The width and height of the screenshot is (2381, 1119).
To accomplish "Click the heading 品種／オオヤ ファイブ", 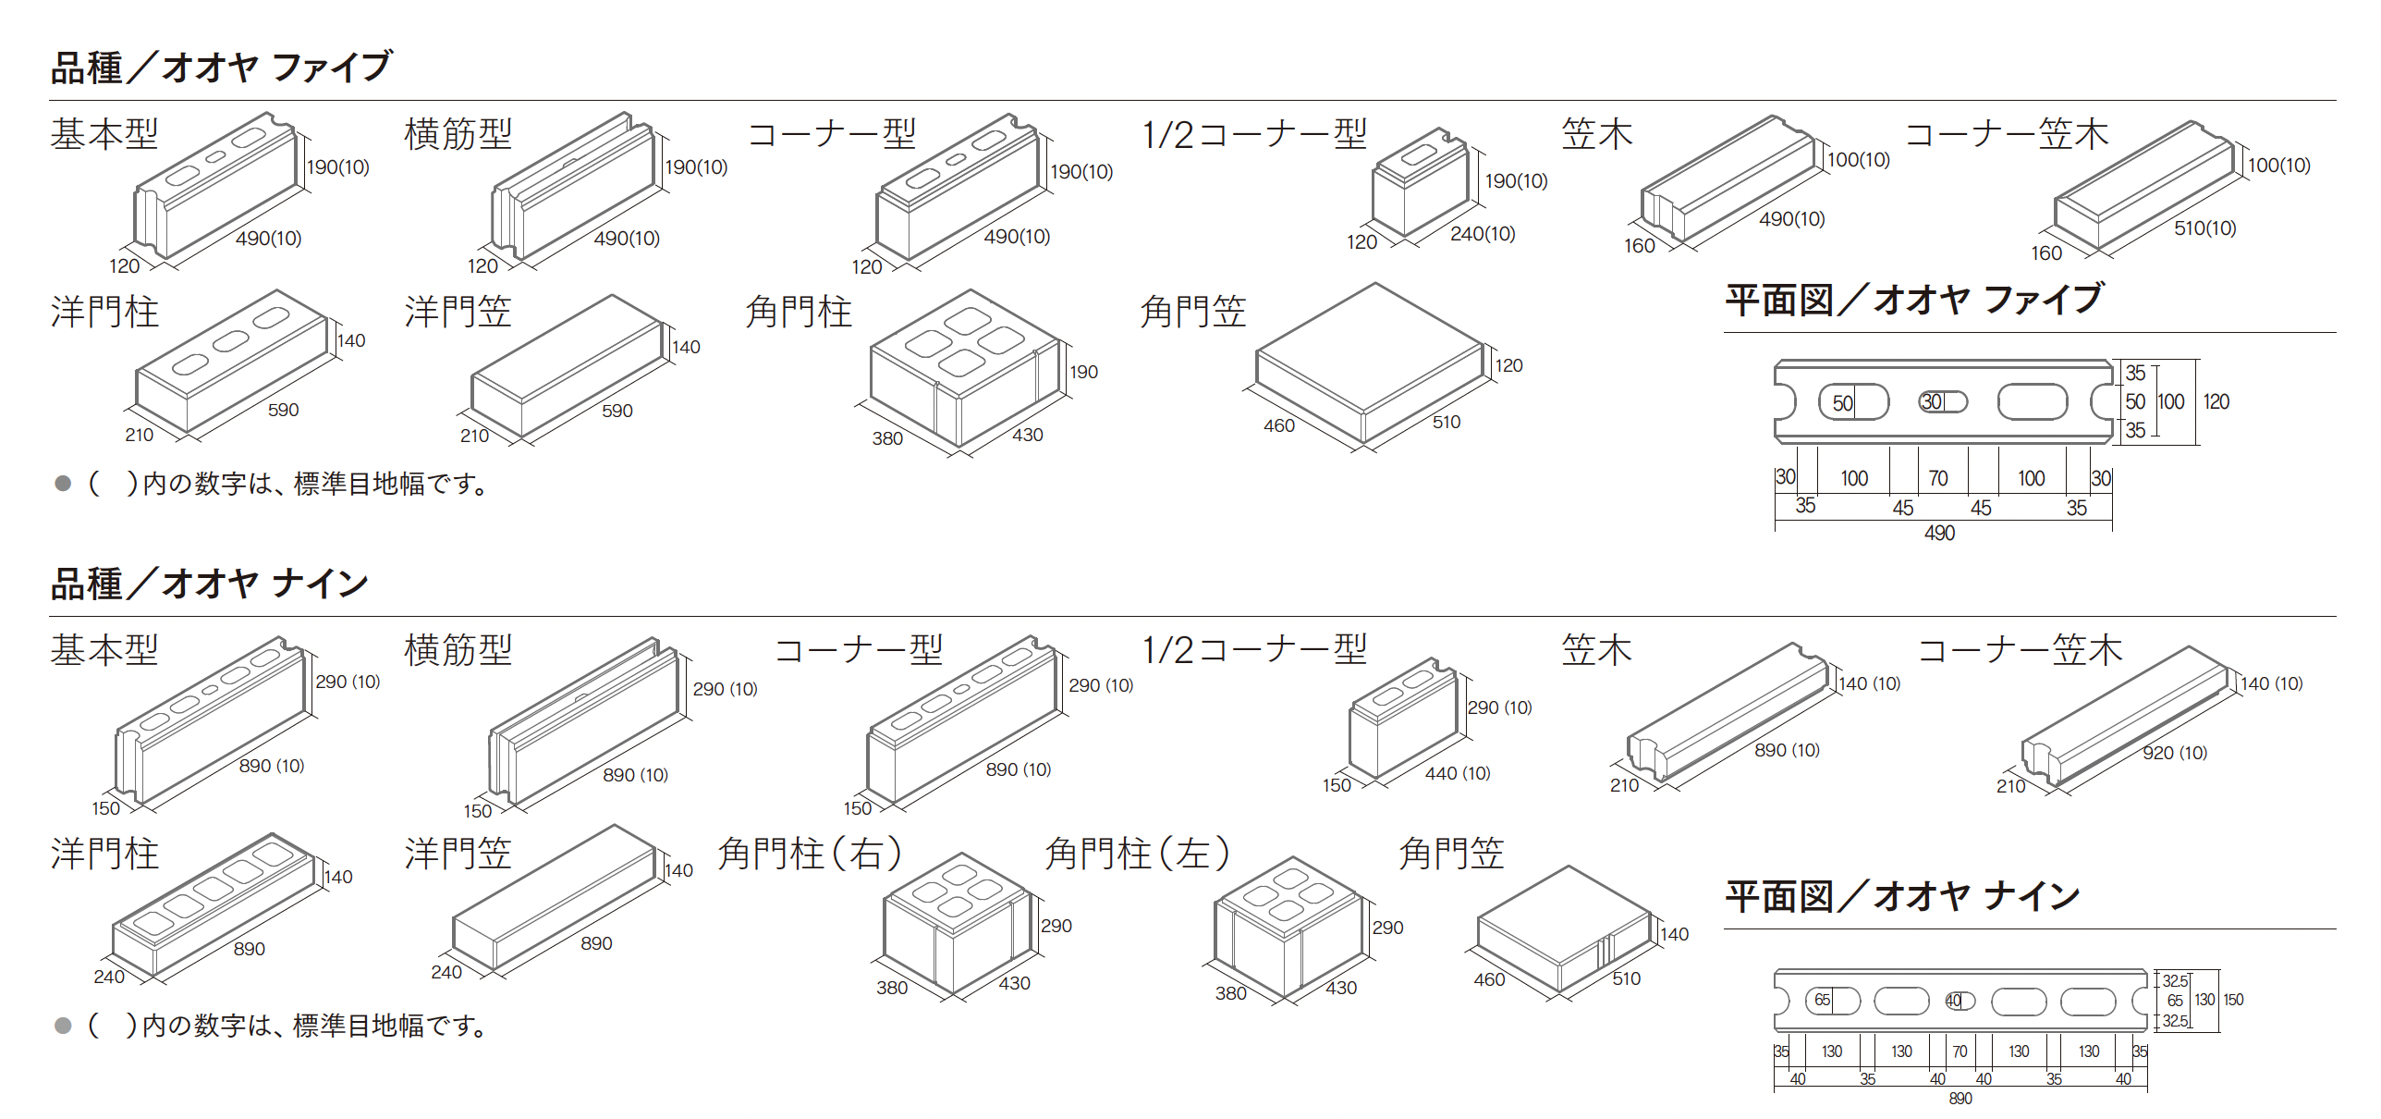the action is (x=222, y=68).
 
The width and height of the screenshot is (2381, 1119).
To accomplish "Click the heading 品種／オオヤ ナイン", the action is (x=210, y=584).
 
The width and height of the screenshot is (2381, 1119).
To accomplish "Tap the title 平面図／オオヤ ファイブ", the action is (x=1914, y=300).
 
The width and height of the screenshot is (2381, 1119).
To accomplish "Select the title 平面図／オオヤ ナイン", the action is (x=1902, y=896).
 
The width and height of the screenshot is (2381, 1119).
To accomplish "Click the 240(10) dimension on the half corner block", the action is (x=1483, y=234).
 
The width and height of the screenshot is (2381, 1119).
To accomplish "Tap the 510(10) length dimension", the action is (x=2204, y=228).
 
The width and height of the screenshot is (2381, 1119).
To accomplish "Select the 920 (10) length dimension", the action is (x=2175, y=753).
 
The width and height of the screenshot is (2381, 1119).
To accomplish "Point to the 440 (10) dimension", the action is (x=1458, y=773).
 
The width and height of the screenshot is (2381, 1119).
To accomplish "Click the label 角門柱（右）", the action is (x=811, y=854).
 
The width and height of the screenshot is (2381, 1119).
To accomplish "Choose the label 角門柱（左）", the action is (x=1138, y=854).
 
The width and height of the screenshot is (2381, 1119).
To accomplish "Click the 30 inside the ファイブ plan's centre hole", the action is (x=1932, y=401).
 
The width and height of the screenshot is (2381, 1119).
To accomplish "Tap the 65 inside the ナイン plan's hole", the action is (x=1822, y=1000).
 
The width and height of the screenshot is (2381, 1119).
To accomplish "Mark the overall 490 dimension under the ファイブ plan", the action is (x=1940, y=533).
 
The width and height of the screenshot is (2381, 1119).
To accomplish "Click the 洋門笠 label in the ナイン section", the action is (x=458, y=854).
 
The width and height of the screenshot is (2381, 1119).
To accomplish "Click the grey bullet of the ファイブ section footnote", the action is (x=63, y=483).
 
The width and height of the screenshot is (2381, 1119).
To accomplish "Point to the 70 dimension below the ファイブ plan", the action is (x=1938, y=478).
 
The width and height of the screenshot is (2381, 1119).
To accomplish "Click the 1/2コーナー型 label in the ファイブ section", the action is (x=1255, y=135).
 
